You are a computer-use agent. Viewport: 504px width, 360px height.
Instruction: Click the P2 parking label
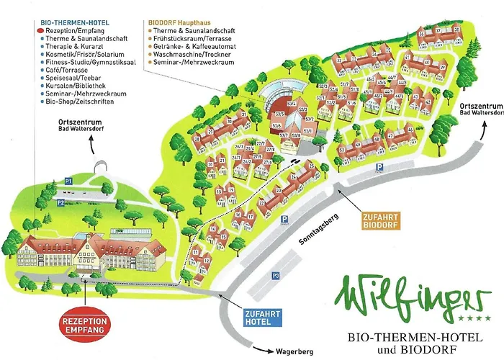61,203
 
